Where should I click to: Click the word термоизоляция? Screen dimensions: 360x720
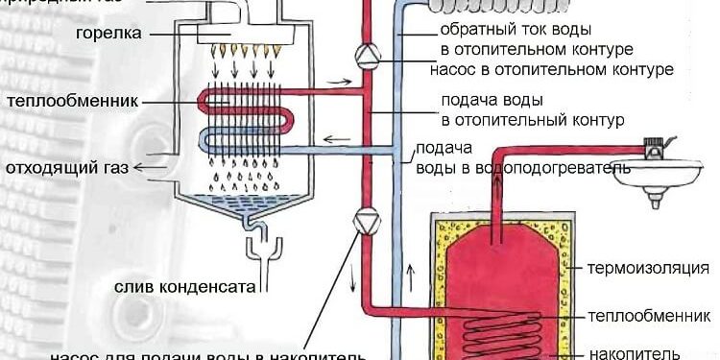(650, 268)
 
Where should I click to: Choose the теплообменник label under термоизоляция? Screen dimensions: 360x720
(650, 314)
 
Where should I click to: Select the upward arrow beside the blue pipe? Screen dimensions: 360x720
(412, 273)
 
